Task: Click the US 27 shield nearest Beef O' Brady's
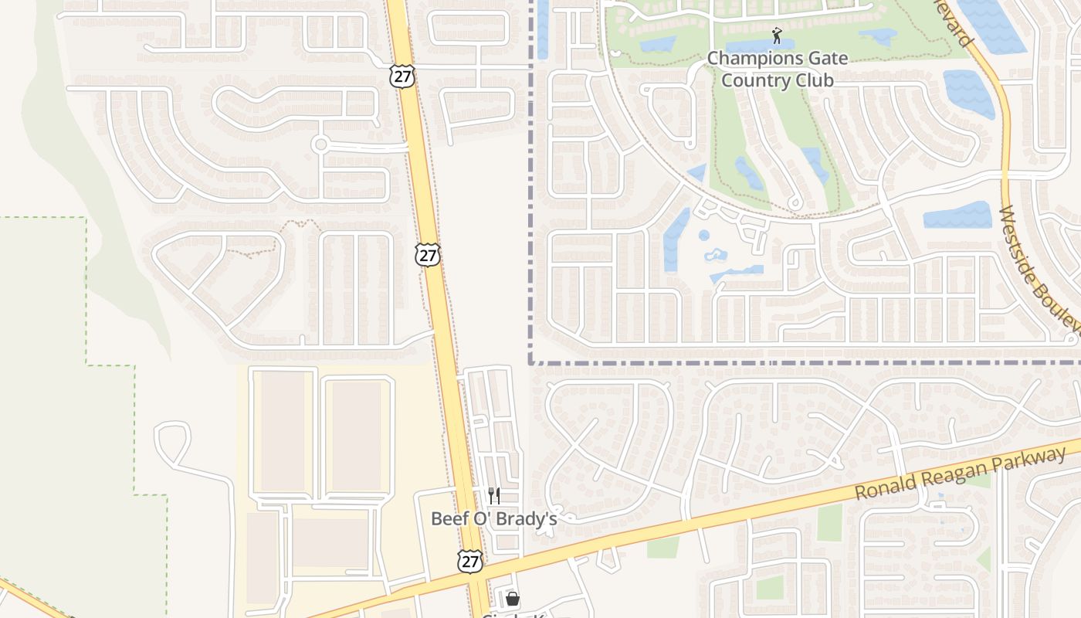(469, 561)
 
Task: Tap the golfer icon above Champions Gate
(777, 36)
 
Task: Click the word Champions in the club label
(755, 59)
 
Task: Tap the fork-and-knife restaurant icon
(494, 495)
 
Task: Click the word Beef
(447, 518)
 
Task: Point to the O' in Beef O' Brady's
(479, 518)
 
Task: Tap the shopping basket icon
(512, 599)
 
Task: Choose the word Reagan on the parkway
(951, 470)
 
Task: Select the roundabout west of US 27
(320, 144)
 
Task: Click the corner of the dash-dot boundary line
(531, 362)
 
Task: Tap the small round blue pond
(704, 235)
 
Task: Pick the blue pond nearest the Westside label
(957, 215)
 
